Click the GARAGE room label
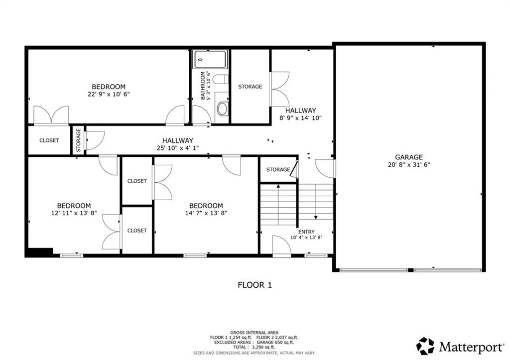tap(409, 157)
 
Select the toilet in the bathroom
tap(221, 79)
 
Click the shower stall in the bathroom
tap(210, 60)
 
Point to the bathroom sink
tap(222, 109)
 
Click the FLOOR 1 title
tap(255, 285)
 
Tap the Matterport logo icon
tap(425, 346)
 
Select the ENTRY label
tap(306, 232)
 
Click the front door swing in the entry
tap(281, 246)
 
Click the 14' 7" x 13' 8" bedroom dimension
tap(206, 213)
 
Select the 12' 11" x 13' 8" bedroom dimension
tap(74, 213)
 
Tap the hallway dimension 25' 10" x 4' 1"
tap(177, 148)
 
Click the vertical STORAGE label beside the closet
tap(78, 140)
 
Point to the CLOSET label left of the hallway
tap(49, 140)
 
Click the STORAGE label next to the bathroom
tap(250, 87)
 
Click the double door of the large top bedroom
tap(51, 115)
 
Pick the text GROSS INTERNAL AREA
tap(254, 333)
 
